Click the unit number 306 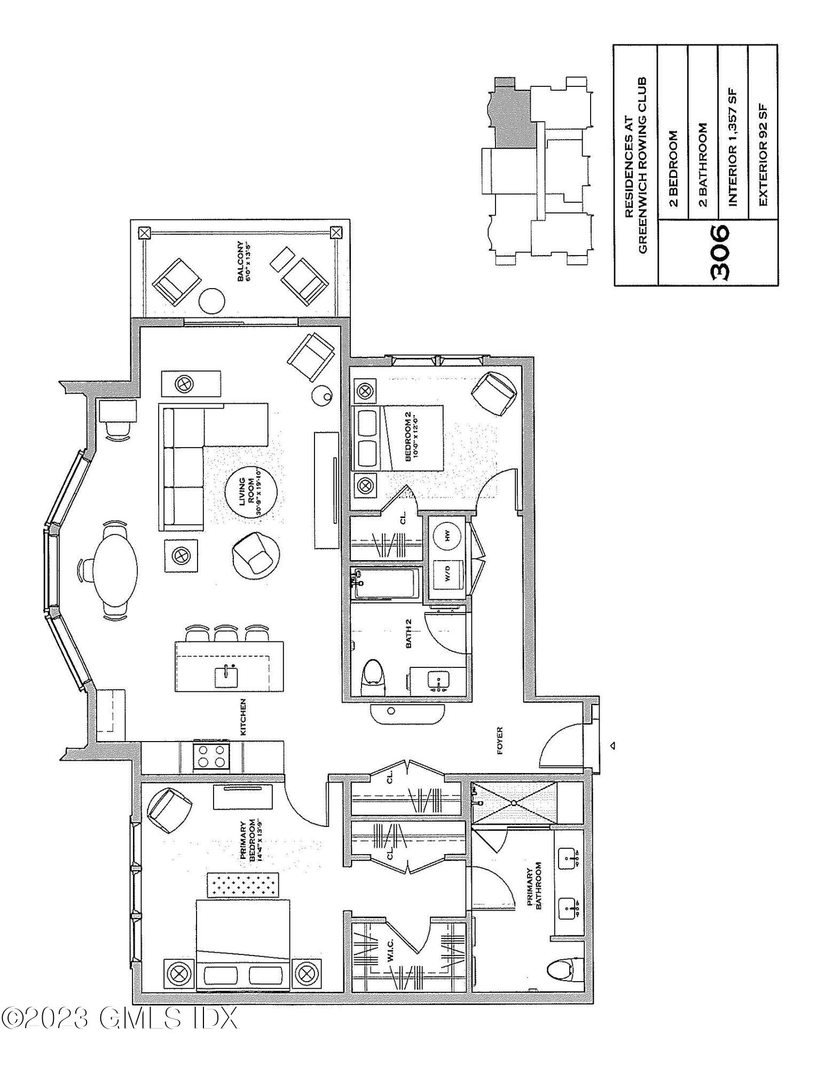pos(719,252)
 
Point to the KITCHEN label pos(243,717)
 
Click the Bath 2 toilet pos(374,678)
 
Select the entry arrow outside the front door pos(613,746)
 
